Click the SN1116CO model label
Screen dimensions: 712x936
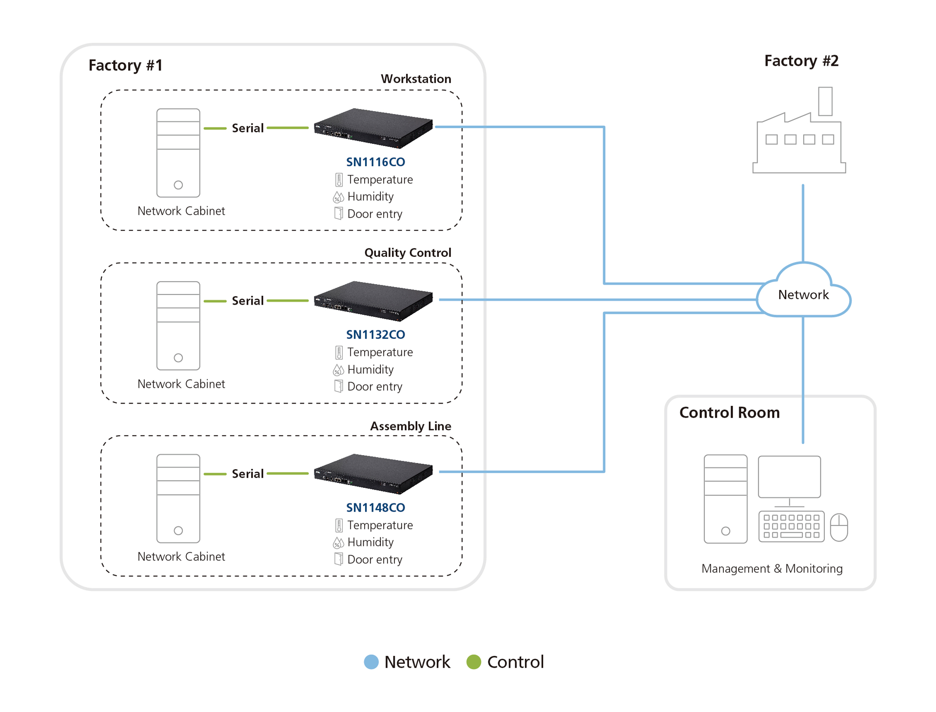(375, 162)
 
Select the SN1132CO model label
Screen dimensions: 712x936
(375, 334)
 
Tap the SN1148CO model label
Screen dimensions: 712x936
(375, 507)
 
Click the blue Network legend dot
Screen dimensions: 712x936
(371, 661)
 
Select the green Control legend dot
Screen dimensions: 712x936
(474, 661)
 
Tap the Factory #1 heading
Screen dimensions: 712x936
(125, 65)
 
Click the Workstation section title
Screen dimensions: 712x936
(416, 78)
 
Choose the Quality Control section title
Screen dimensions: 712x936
(408, 252)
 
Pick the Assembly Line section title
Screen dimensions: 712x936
(410, 426)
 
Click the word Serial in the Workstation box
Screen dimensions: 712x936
(248, 128)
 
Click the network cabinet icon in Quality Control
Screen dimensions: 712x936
(178, 326)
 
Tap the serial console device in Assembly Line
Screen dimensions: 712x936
(373, 473)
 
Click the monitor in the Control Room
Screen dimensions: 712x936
(789, 478)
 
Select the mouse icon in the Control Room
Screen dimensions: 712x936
(839, 527)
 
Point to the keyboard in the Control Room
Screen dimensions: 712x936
(791, 526)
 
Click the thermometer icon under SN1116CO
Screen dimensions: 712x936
(339, 180)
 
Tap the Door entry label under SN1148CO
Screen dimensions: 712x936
(374, 559)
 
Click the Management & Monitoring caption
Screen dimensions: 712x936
(772, 568)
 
